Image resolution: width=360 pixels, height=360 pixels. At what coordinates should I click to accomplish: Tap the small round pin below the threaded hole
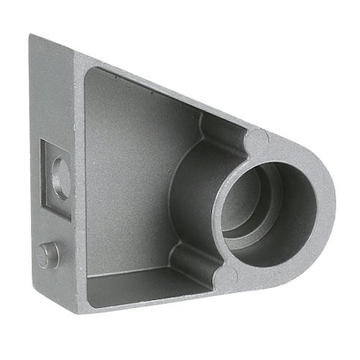pos(49,254)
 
